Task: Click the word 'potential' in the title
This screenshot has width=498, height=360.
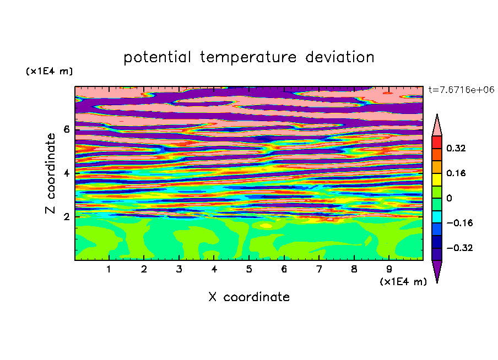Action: (157, 58)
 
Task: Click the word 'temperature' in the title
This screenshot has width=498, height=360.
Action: (248, 58)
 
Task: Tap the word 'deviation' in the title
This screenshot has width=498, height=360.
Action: (340, 57)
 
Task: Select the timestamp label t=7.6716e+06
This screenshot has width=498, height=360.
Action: (461, 90)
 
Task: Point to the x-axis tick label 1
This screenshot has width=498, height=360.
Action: (109, 269)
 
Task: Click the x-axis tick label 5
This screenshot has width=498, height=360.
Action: (249, 269)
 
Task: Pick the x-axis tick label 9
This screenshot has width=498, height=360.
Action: (389, 269)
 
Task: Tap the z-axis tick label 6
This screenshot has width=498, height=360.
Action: (66, 129)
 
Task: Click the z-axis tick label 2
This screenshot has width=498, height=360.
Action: (66, 217)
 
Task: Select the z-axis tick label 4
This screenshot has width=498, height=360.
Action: (66, 173)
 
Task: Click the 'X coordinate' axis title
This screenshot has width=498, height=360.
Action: (249, 297)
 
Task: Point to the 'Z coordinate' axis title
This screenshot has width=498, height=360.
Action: (50, 173)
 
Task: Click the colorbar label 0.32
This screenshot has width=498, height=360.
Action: (456, 148)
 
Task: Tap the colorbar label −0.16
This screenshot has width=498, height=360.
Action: (459, 223)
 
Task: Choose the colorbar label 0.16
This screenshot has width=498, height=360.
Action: (456, 173)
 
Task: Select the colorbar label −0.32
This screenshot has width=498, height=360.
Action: (459, 248)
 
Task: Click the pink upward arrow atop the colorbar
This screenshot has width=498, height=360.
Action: (437, 127)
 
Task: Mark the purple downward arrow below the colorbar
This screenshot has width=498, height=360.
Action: (437, 270)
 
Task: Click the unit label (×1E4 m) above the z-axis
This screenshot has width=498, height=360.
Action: (49, 71)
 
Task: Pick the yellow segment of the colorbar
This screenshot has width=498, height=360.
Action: (437, 179)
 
